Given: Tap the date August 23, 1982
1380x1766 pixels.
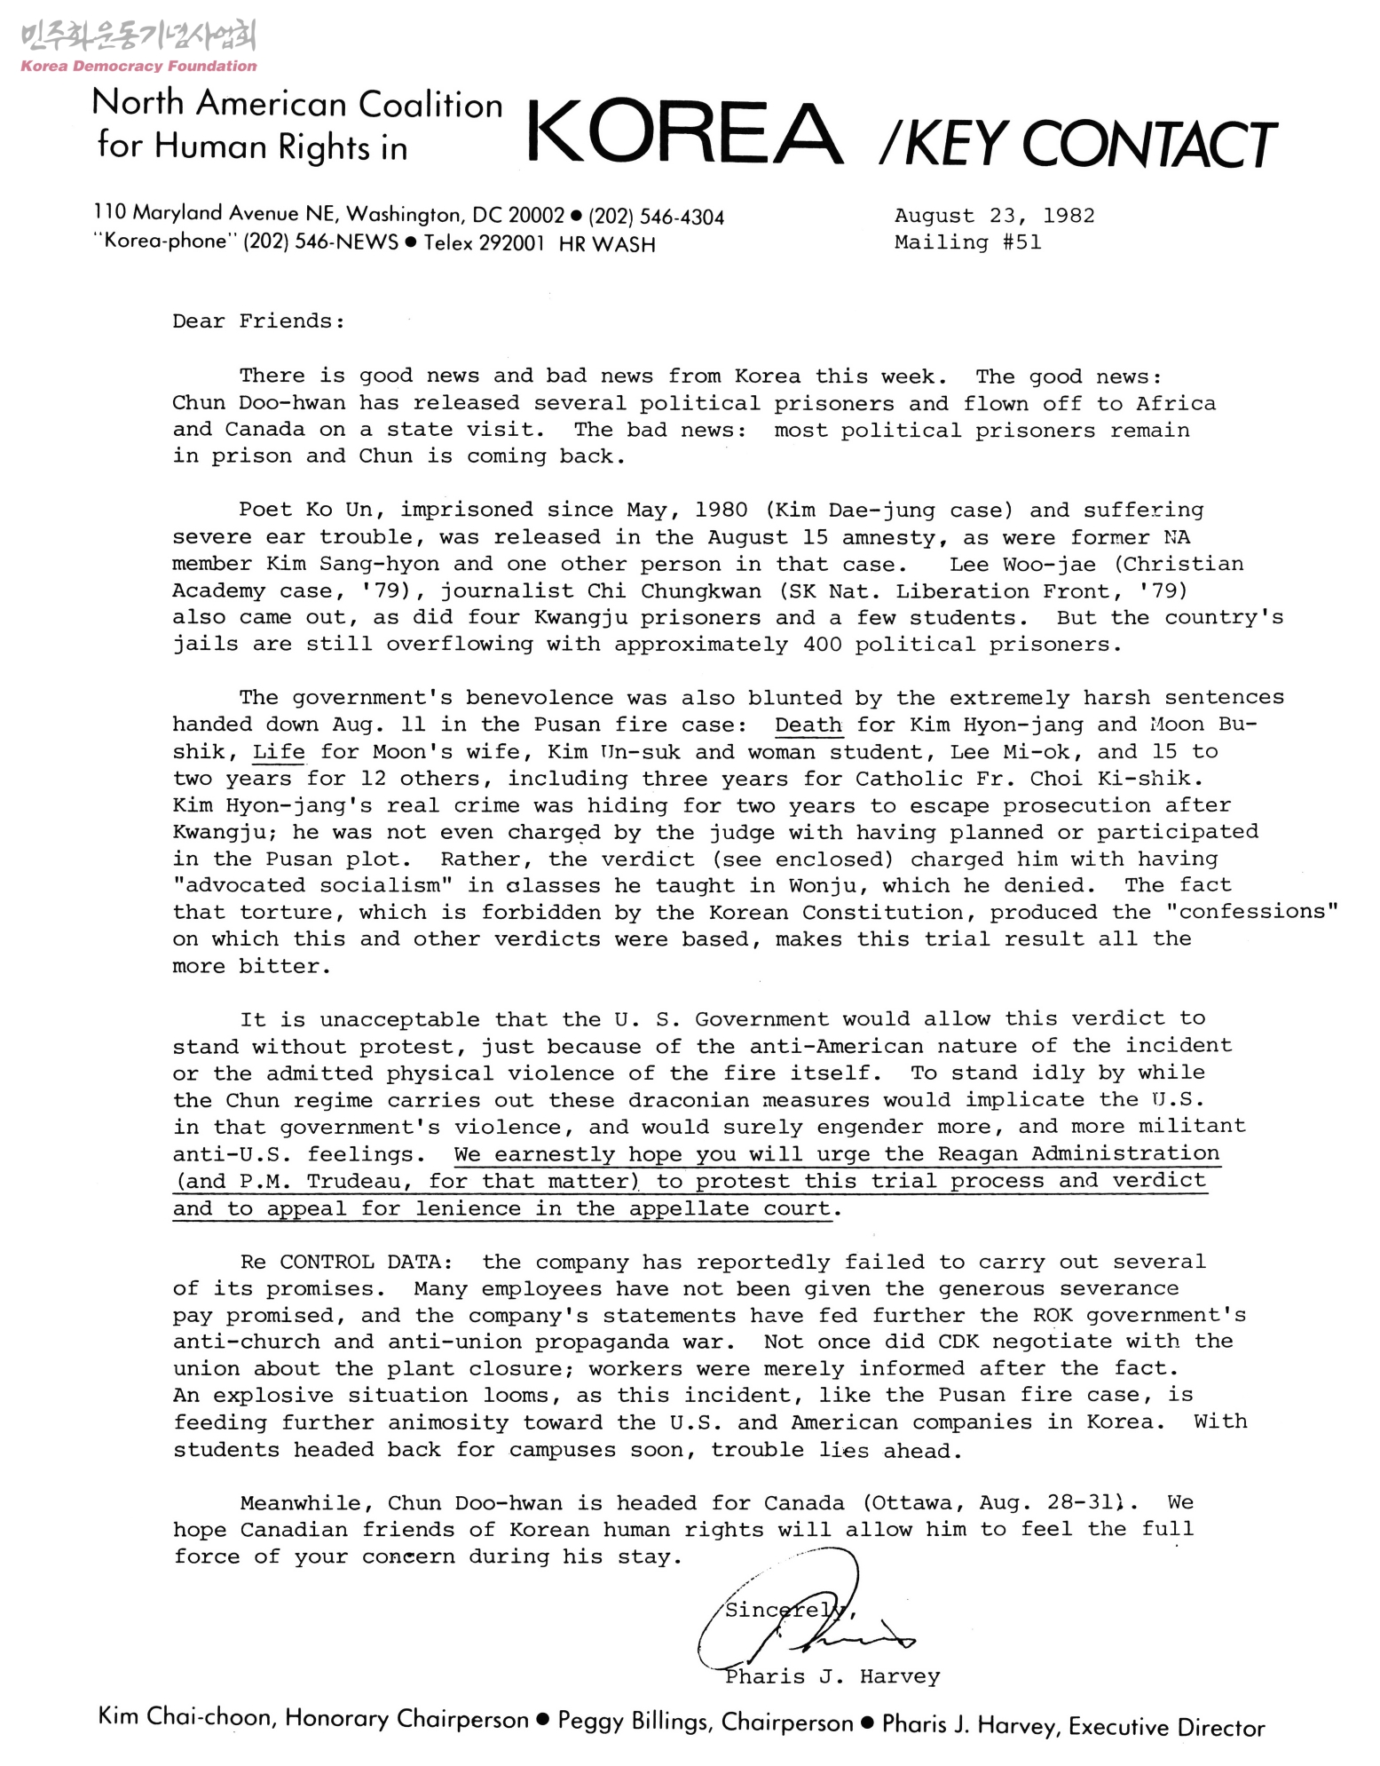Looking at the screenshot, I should click(x=994, y=216).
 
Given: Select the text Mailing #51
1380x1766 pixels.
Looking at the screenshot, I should click(x=967, y=242).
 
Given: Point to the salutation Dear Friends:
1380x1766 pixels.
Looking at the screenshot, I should click(x=258, y=321).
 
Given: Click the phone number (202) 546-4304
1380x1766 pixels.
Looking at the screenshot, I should click(x=656, y=217).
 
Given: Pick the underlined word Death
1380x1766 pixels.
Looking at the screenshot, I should click(x=808, y=725).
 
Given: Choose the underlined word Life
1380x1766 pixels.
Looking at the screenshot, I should click(x=279, y=752).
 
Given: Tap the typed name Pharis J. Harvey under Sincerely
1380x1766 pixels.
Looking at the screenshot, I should click(x=832, y=1676).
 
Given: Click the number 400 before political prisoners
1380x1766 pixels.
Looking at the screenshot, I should click(x=822, y=645).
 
